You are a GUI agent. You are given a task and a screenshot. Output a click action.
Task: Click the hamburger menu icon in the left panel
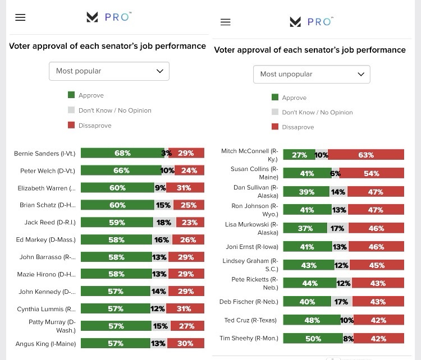tap(20, 17)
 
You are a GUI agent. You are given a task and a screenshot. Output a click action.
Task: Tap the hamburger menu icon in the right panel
tap(226, 22)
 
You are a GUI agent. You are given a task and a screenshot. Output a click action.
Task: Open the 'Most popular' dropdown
tap(109, 71)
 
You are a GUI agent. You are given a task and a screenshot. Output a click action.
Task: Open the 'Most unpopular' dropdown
tap(312, 74)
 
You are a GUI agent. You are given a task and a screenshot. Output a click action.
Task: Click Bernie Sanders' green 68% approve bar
tap(122, 153)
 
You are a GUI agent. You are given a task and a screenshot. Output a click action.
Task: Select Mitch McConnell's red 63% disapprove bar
tap(366, 155)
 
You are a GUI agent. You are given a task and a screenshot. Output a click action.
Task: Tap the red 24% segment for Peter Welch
tap(189, 170)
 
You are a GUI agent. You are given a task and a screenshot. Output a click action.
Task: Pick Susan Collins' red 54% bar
tap(372, 173)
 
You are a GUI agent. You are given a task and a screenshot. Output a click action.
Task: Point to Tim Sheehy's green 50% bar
tap(313, 338)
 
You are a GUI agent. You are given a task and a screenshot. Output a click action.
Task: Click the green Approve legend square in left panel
tap(71, 95)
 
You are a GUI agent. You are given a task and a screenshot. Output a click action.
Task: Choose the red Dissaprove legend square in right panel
tap(275, 127)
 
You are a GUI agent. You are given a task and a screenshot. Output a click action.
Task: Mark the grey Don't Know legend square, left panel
tap(71, 110)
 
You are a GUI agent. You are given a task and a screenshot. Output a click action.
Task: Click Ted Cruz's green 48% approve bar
tap(312, 321)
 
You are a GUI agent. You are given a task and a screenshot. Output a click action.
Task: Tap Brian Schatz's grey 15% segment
tap(163, 205)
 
